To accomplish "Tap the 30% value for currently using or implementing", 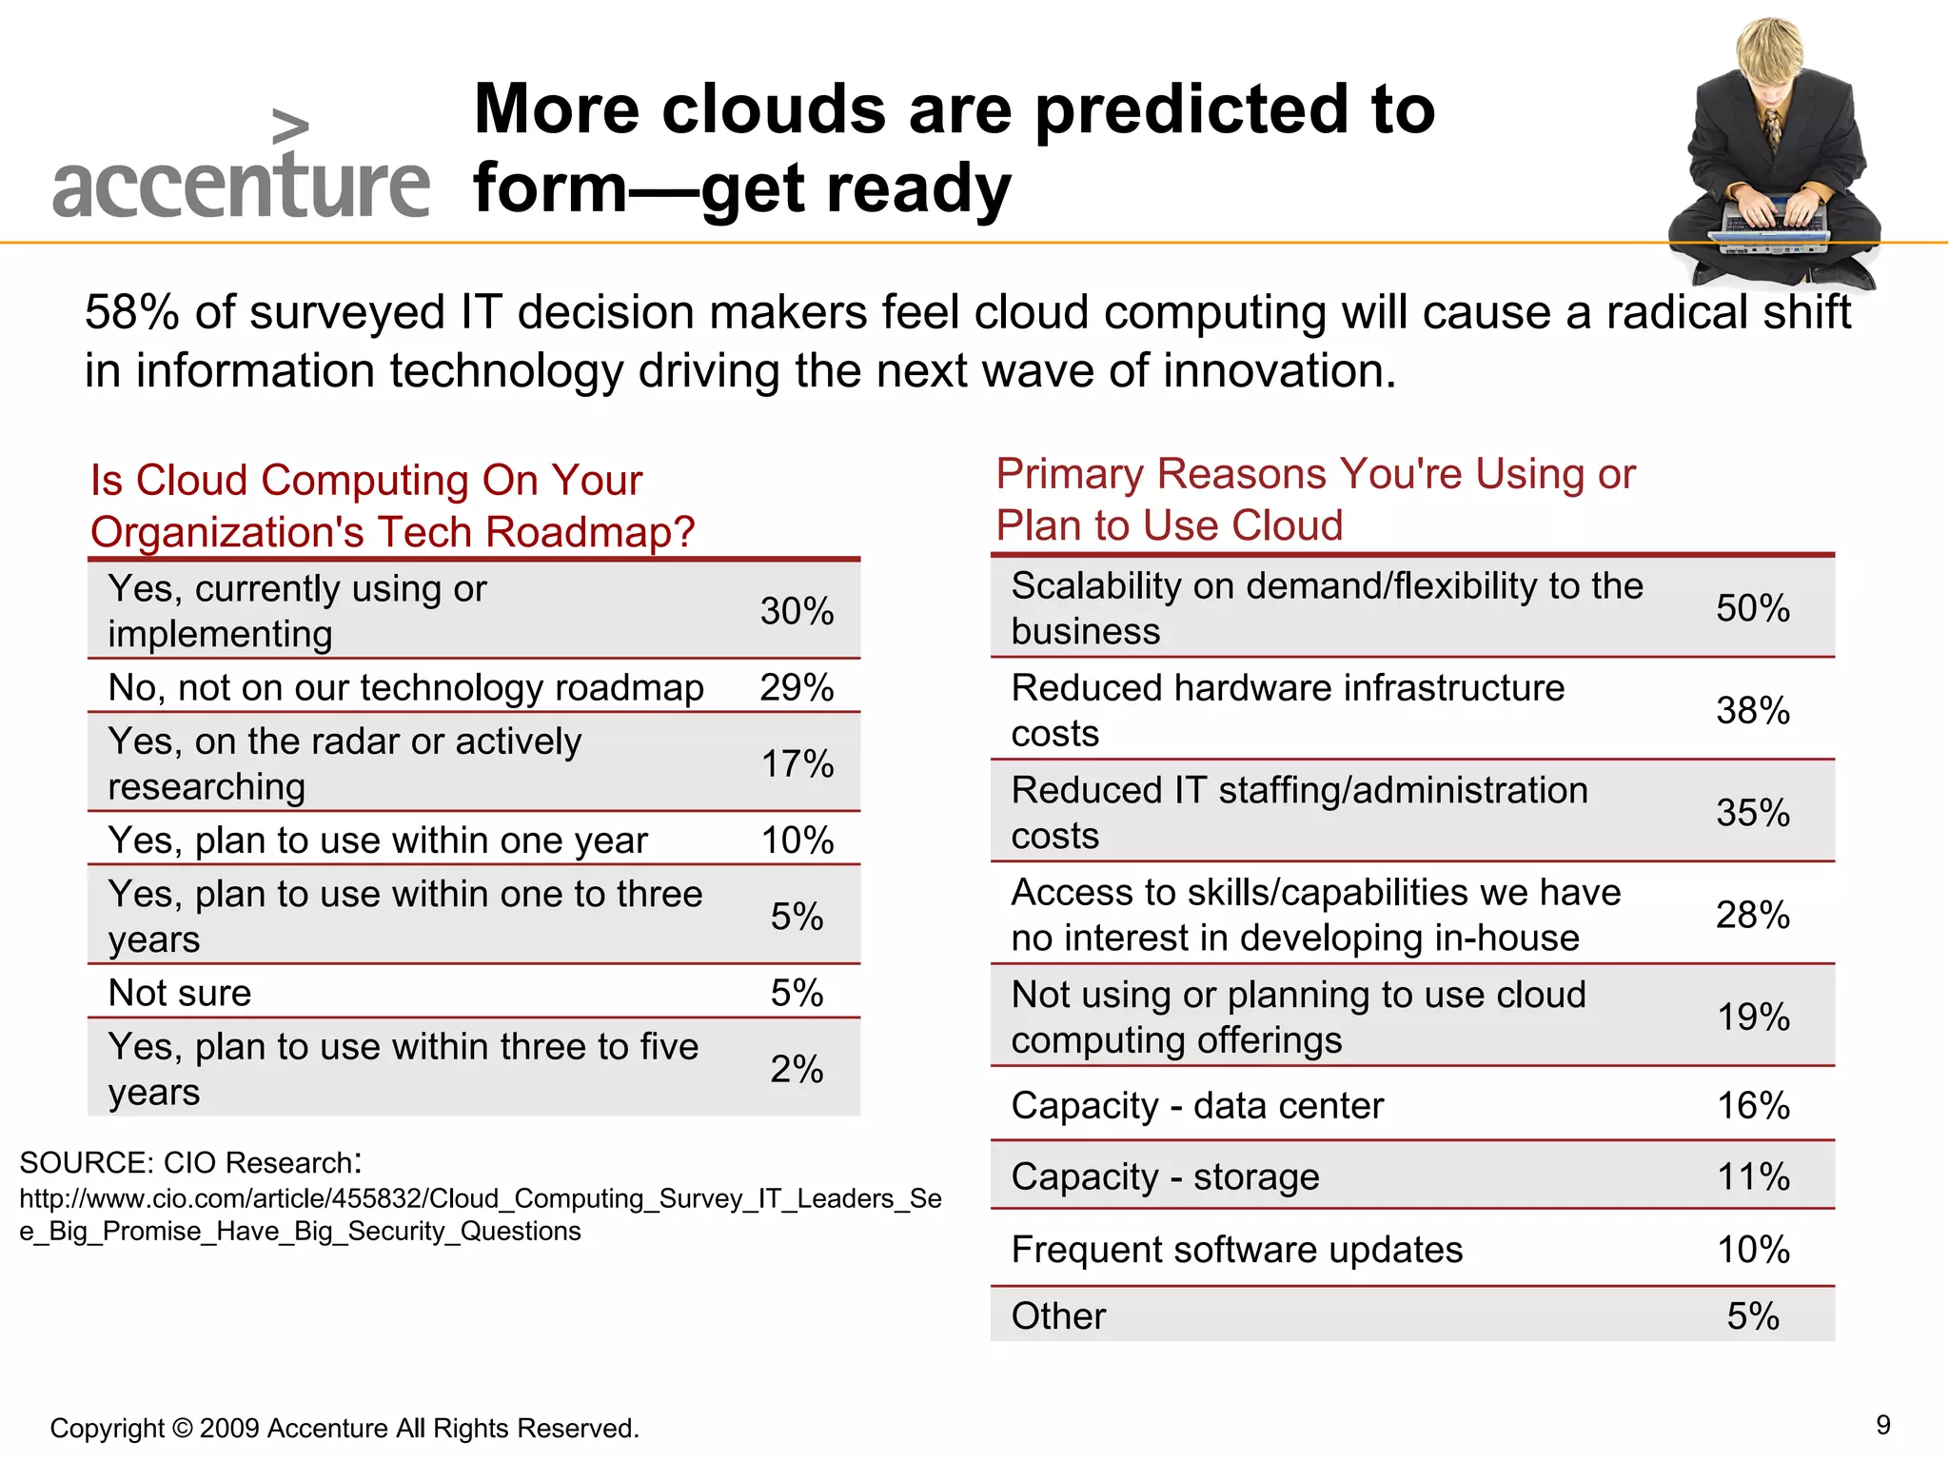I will pos(797,611).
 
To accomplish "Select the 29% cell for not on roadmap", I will pos(797,687).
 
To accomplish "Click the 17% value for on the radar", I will pos(797,764).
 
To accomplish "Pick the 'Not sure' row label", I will pos(180,993).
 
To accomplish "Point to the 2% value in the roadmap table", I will pos(797,1069).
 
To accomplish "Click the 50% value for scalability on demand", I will pos(1752,608).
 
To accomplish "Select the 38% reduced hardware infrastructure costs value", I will pos(1752,710).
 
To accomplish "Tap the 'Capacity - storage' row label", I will pos(1165,1177).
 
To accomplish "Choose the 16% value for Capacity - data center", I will pos(1752,1106).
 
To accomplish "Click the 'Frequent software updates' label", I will pos(1236,1250).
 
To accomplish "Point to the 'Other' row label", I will pos(1058,1316).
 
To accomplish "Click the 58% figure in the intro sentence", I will pos(131,312).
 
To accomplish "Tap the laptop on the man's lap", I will pos(1773,228).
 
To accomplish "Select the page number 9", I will pos(1882,1425).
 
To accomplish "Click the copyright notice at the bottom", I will pos(345,1428).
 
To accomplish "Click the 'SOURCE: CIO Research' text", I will pos(188,1162).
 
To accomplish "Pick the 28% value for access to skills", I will pos(1752,915).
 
